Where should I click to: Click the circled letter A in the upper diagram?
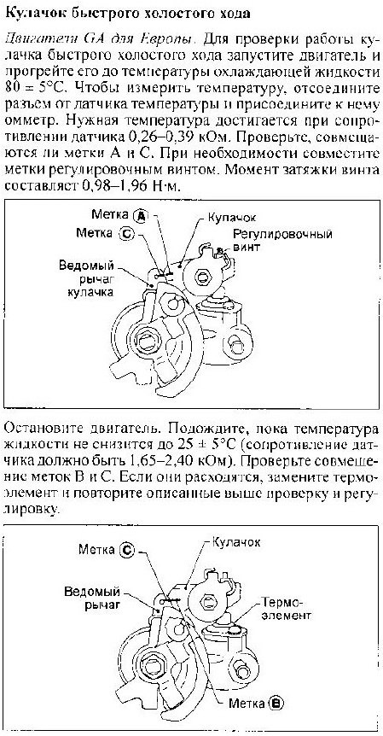coord(140,215)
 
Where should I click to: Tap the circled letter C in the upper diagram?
coord(126,233)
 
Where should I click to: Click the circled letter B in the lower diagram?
coord(276,703)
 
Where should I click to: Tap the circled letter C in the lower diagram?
coord(126,550)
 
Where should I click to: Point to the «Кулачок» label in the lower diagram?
coord(236,542)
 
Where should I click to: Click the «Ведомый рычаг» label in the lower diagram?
coord(92,596)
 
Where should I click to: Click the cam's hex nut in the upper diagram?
coord(203,277)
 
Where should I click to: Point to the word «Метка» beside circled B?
coord(247,703)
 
